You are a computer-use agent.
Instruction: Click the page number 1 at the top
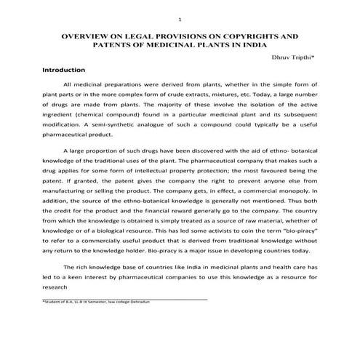[180, 18]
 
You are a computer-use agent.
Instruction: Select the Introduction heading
[64, 70]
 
